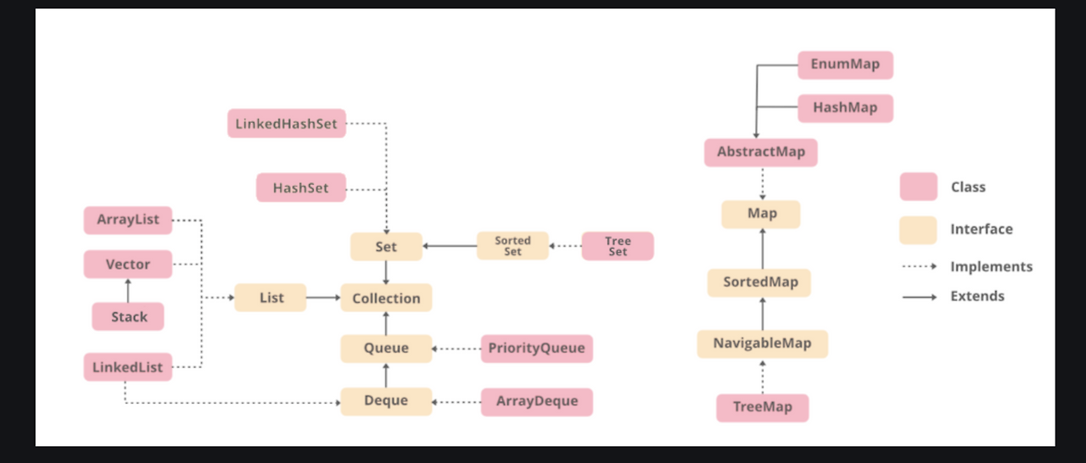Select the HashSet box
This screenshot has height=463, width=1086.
(x=301, y=187)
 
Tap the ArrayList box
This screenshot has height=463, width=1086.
(x=128, y=220)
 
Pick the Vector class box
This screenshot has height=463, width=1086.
(x=128, y=265)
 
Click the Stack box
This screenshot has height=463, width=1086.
(x=128, y=317)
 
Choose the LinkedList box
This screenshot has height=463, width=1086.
(x=128, y=367)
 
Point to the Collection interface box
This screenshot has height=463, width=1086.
(x=386, y=298)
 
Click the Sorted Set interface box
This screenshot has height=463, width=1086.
(x=512, y=246)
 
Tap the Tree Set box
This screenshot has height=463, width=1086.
(x=618, y=246)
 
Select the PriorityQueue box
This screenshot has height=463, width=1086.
(x=537, y=349)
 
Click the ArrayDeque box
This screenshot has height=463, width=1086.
(x=537, y=401)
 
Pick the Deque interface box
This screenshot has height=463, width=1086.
(x=386, y=401)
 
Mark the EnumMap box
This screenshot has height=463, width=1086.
(x=845, y=64)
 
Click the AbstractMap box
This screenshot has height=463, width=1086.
(x=761, y=153)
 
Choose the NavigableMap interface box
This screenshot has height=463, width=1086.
(x=762, y=343)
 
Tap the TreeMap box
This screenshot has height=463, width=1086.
(x=762, y=407)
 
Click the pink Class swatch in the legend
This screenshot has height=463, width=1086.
(x=918, y=187)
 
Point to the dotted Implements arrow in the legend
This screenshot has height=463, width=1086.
(x=919, y=267)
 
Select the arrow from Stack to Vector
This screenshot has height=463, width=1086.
(x=128, y=291)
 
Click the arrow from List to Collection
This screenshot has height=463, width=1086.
(x=322, y=298)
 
